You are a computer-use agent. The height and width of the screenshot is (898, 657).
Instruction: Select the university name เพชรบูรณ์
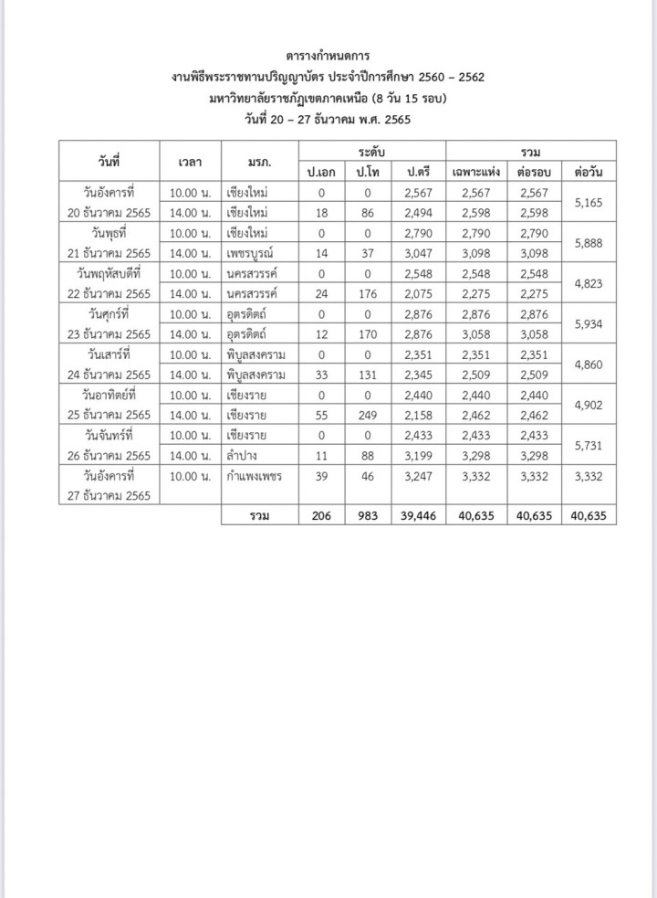255,253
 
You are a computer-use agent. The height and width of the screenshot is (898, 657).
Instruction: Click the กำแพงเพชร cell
255,477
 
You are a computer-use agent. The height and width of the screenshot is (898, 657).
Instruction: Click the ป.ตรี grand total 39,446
419,516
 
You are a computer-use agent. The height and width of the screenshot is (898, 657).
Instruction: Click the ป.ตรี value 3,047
419,253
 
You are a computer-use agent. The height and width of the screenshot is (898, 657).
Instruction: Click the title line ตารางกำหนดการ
328,57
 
